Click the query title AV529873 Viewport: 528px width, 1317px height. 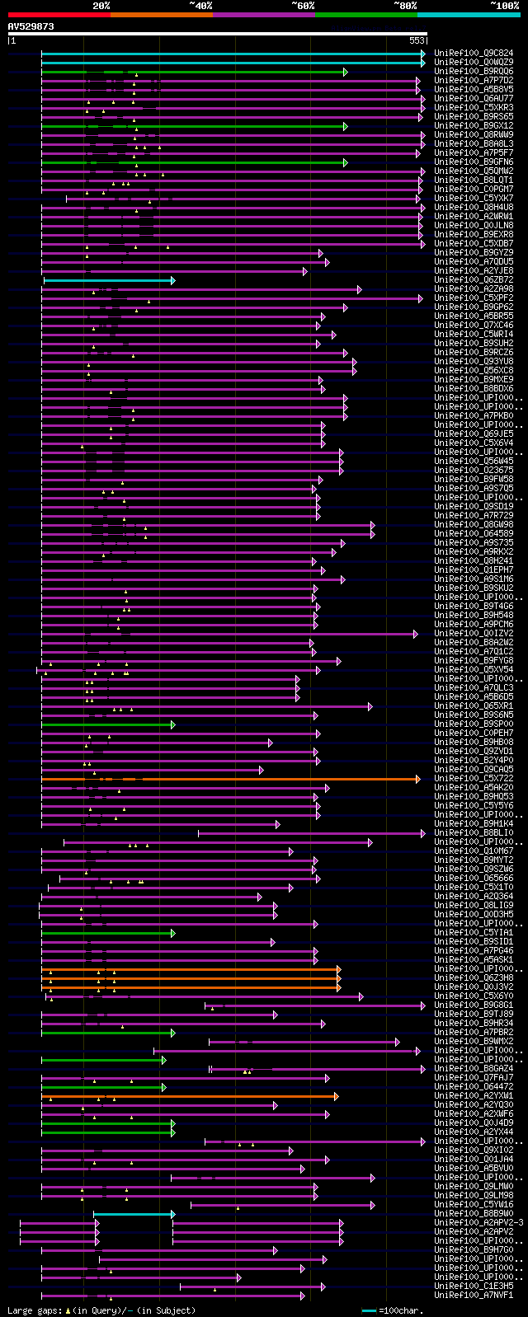pyautogui.click(x=31, y=26)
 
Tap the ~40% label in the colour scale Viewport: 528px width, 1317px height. pyautogui.click(x=200, y=6)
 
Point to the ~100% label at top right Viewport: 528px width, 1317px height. pyautogui.click(x=504, y=6)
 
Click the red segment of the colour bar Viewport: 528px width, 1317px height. pyautogui.click(x=59, y=14)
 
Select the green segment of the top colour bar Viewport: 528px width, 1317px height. pyautogui.click(x=365, y=14)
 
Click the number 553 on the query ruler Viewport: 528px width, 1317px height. pyautogui.click(x=416, y=40)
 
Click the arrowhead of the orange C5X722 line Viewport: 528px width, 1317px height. pyautogui.click(x=418, y=779)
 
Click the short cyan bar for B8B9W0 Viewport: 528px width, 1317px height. pyautogui.click(x=132, y=1214)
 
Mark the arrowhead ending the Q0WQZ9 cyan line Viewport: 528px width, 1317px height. pyautogui.click(x=423, y=63)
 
